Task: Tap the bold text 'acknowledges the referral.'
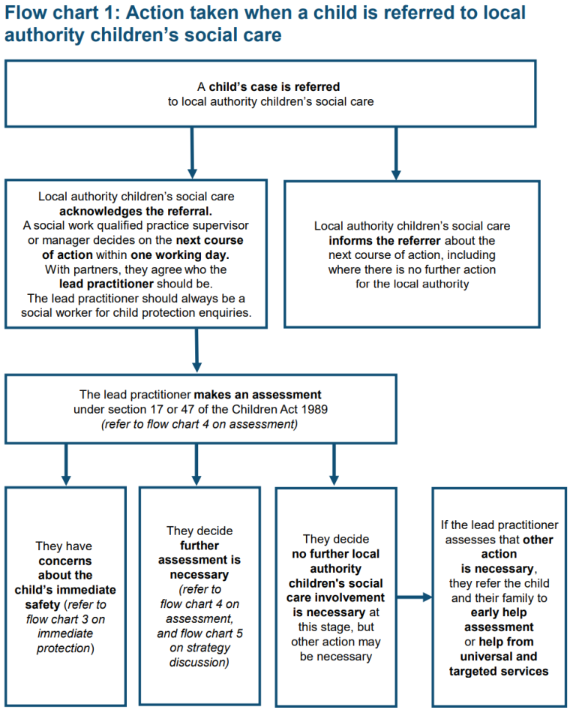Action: pos(136,211)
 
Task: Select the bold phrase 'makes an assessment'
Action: pos(257,395)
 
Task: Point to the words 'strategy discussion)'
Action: pos(199,655)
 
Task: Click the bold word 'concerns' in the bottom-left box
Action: pos(65,561)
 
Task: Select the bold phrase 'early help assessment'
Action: pos(498,620)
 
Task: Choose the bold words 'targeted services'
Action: pos(498,671)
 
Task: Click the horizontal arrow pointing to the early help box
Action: pos(414,597)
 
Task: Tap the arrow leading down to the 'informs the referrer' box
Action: pos(396,154)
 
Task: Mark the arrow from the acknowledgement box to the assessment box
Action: pos(196,350)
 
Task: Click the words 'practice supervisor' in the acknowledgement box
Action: pos(199,225)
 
